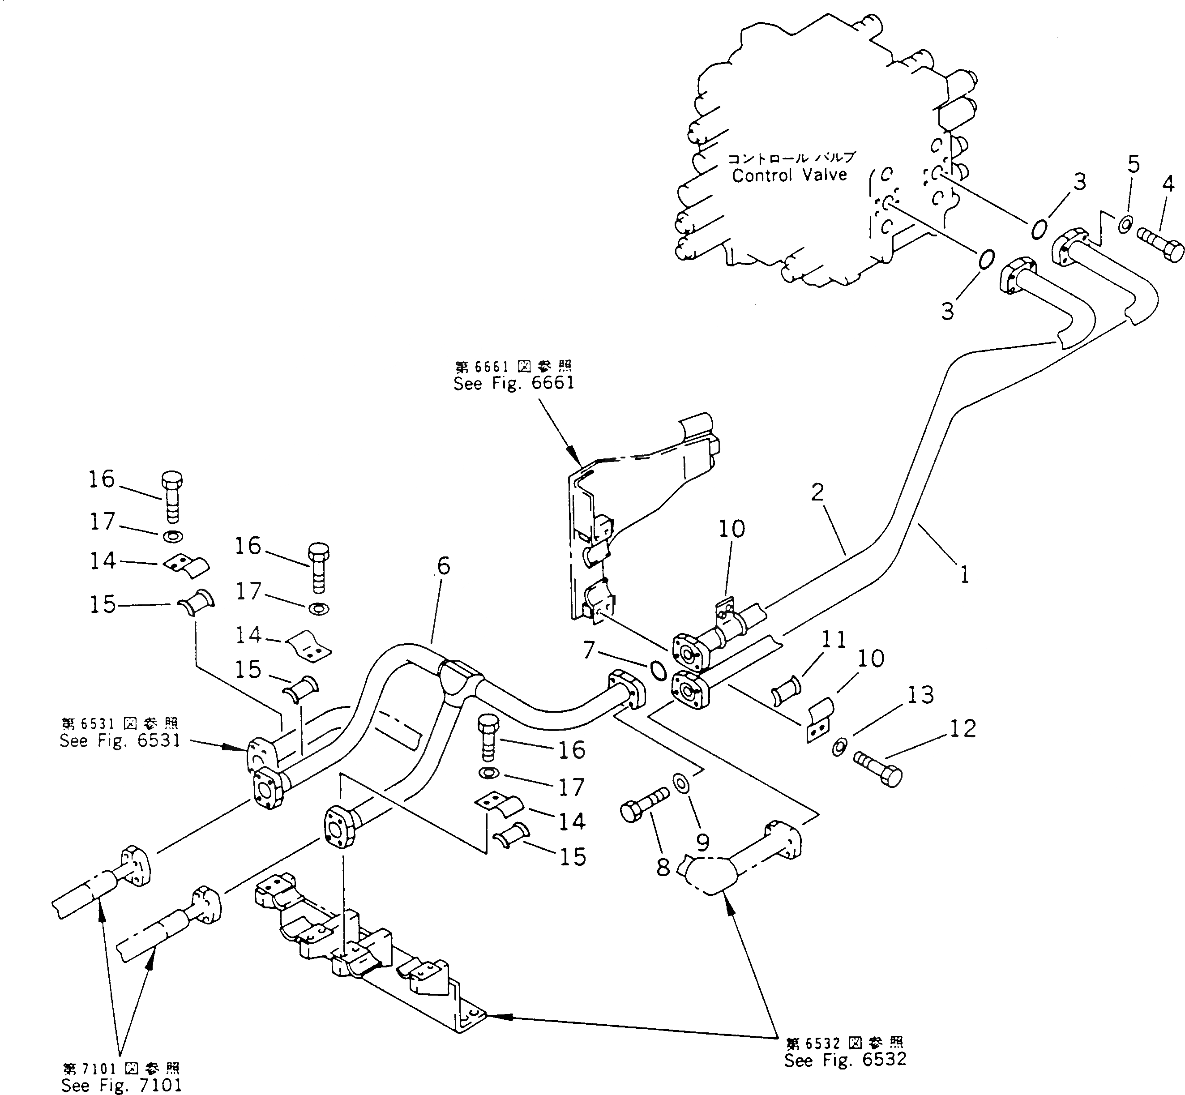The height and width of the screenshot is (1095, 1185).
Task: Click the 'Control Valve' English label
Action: coord(789,175)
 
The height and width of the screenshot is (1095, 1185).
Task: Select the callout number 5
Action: coord(1133,164)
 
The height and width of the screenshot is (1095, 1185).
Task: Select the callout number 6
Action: coord(444,566)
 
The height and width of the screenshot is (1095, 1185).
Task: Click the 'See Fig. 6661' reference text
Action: coord(513,383)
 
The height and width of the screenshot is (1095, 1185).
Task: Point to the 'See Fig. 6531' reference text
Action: coord(120,740)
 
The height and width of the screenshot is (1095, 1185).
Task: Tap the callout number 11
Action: coord(834,639)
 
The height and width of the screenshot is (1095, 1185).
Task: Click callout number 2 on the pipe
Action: coord(817,491)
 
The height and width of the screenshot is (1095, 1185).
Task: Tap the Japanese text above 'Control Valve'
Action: coord(791,158)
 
